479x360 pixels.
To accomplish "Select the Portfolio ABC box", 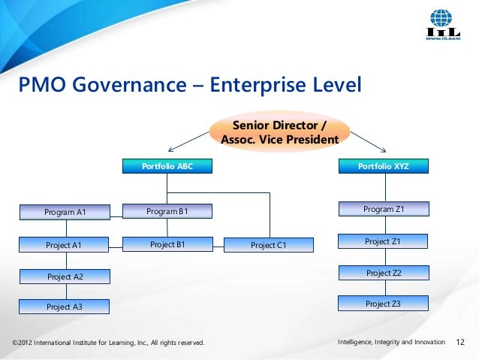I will [x=167, y=166].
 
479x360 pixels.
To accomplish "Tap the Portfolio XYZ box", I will [x=383, y=166].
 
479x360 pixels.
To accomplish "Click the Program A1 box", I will [x=65, y=212].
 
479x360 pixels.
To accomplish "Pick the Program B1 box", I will [x=167, y=211].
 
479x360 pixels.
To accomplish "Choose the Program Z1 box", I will [x=383, y=209].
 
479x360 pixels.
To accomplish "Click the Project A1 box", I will [x=65, y=244].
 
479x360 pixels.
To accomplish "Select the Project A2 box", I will [x=65, y=277].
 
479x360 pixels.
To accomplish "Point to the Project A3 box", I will [x=65, y=307].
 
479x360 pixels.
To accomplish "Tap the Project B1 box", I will [x=167, y=244].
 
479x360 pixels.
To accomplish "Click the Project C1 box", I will [x=269, y=245].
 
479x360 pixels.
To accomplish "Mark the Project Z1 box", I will [x=383, y=241].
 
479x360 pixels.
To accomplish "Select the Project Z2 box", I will [x=383, y=273].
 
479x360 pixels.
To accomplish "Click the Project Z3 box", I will [x=383, y=304].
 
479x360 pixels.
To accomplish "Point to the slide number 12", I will [x=461, y=343].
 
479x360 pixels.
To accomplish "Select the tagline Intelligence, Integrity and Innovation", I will [x=391, y=343].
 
